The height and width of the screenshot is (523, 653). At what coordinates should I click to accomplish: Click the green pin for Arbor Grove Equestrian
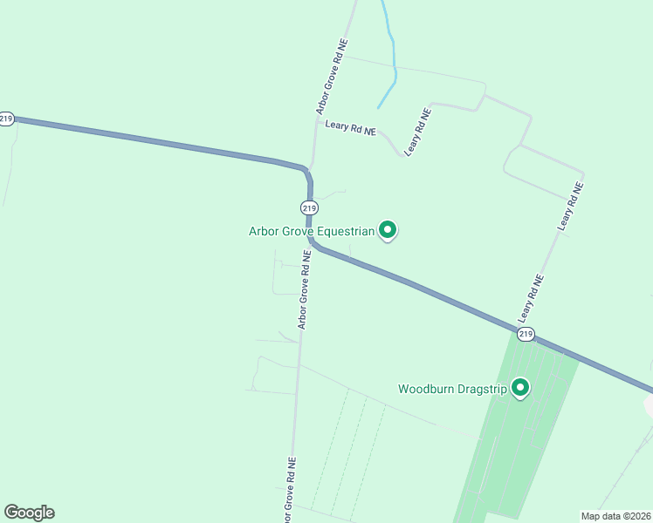[388, 230]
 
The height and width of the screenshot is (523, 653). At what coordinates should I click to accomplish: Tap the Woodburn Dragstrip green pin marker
[520, 387]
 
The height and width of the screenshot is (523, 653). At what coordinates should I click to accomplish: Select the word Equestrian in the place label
[346, 232]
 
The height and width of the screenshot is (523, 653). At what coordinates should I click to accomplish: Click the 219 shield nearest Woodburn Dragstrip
[525, 334]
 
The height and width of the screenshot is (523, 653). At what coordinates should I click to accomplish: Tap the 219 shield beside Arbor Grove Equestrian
[308, 207]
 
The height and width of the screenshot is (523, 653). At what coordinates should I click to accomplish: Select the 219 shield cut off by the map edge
[6, 119]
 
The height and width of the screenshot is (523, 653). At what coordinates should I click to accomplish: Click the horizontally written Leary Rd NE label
[350, 127]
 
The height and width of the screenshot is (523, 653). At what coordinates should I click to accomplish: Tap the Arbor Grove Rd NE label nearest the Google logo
[290, 487]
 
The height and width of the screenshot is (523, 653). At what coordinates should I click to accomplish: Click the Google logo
[29, 513]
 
